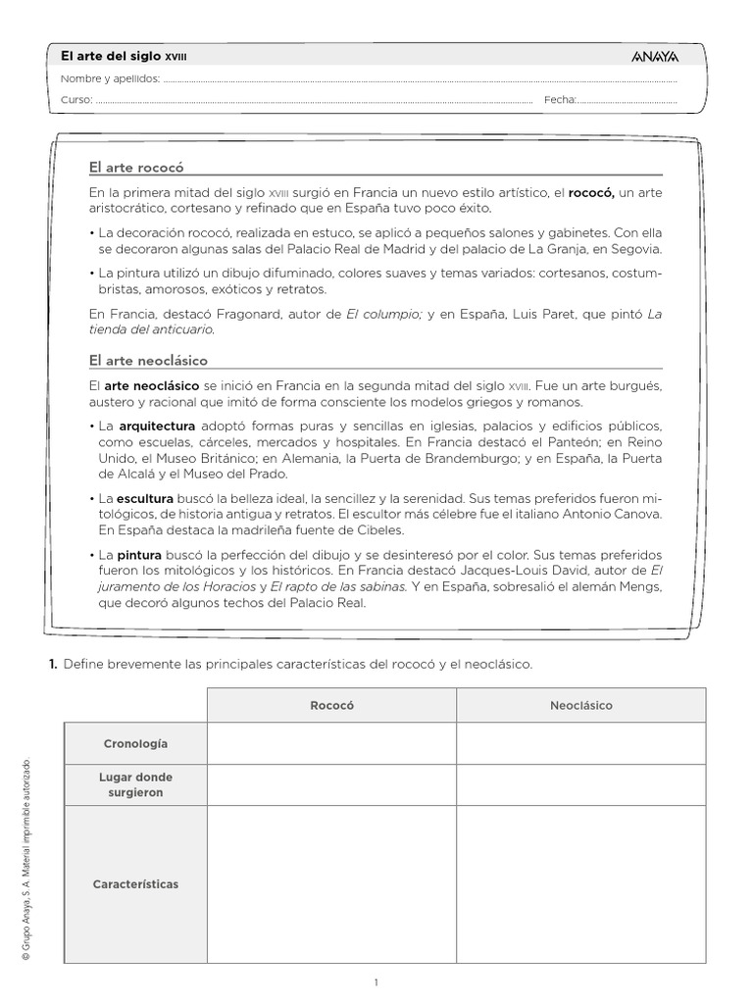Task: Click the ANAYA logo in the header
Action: (655, 58)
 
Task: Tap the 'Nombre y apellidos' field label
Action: (110, 79)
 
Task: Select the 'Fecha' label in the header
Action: (559, 100)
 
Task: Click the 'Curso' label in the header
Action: (76, 100)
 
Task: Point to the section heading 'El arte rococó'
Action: (136, 168)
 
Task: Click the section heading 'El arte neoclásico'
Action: (148, 361)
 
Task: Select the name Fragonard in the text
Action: (228, 314)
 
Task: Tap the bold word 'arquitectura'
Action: (157, 427)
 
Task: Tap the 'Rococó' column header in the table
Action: (331, 705)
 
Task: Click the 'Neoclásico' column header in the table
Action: (580, 705)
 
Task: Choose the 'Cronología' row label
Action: (135, 744)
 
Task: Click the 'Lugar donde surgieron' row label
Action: (135, 784)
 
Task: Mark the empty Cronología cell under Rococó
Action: (331, 744)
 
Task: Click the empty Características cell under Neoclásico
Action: (580, 883)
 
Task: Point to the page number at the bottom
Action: (376, 982)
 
